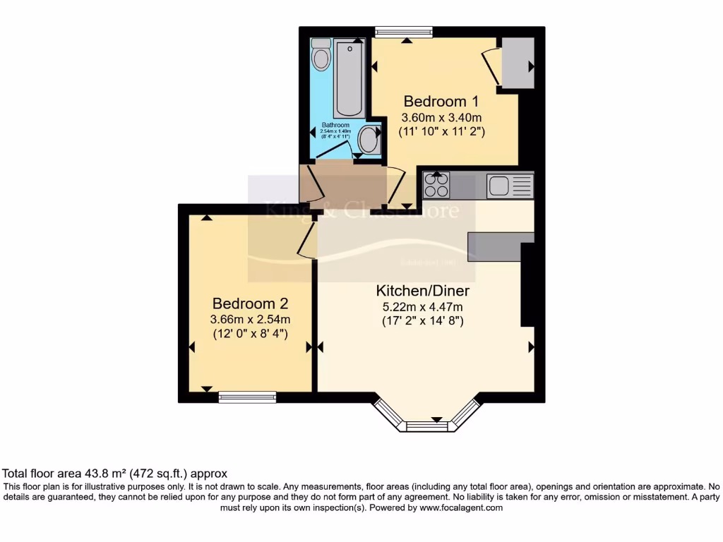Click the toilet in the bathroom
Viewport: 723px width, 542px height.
tap(321, 55)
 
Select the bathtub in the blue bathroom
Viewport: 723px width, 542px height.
tap(349, 79)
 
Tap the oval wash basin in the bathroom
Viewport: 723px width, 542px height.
tap(369, 140)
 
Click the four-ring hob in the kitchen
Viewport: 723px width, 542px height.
tap(436, 186)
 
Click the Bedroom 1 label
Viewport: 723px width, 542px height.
tap(436, 101)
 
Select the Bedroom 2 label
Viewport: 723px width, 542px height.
tap(251, 303)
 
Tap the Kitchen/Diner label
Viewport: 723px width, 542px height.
tap(422, 291)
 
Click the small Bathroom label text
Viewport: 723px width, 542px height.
tap(336, 125)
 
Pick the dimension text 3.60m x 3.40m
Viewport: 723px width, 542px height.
tap(441, 117)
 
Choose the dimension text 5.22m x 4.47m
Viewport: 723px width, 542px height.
tap(423, 307)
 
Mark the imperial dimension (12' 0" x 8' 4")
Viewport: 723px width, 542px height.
tap(251, 335)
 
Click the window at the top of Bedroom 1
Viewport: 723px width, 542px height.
tap(403, 32)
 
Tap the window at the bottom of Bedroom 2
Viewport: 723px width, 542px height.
tap(247, 398)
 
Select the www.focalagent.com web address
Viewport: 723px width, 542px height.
tap(461, 507)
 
